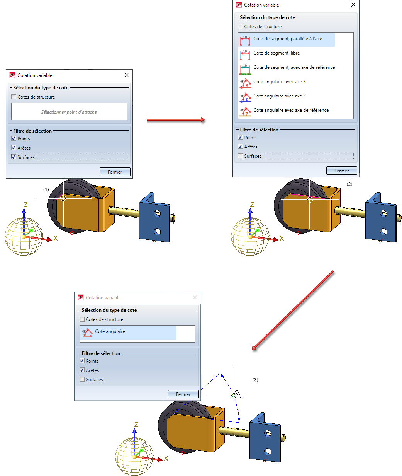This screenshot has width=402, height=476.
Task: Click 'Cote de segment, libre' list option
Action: coord(276,53)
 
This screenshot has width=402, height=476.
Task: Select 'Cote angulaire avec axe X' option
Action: coord(280,82)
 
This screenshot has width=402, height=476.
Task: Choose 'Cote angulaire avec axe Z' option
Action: coord(280,96)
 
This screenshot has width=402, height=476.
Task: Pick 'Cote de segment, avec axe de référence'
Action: coord(294,67)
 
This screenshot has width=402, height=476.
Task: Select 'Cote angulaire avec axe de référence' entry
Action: coord(291,110)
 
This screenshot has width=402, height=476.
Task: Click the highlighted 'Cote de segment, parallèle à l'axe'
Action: coord(287,39)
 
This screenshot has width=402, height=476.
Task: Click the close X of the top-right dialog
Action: coord(353,5)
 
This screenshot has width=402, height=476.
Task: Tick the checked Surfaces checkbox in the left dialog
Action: coord(14,157)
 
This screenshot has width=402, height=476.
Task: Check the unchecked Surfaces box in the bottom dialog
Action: coord(82,379)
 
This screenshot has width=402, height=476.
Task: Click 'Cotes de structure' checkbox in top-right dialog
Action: coord(240,26)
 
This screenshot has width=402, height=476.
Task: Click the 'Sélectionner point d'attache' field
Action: coord(69,112)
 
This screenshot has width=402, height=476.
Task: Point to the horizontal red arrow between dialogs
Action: coord(176,120)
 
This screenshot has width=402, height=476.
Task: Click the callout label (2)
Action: coord(349,184)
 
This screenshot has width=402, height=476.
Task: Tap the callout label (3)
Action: coord(255,380)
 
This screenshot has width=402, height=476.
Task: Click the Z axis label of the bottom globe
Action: coord(136,425)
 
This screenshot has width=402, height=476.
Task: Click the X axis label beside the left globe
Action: coord(56,238)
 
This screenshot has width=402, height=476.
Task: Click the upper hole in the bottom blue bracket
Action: coord(268,433)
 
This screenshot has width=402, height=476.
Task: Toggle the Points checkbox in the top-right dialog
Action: coord(240,137)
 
